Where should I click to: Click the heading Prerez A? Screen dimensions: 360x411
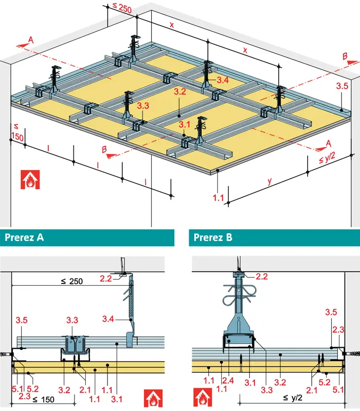24,237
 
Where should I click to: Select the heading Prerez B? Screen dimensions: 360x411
213,237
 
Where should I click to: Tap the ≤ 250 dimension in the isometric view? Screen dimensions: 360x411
122,8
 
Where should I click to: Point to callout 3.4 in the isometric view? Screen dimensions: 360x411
223,80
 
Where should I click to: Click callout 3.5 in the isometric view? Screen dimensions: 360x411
342,86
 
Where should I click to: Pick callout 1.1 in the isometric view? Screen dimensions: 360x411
218,198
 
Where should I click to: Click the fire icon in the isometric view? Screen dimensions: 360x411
30,179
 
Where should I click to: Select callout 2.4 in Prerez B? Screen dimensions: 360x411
228,380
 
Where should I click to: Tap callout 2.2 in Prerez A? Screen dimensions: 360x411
106,278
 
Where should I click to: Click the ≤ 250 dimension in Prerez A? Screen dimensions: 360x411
72,281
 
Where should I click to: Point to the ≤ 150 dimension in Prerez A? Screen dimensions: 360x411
44,400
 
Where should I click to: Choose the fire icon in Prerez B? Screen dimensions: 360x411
202,397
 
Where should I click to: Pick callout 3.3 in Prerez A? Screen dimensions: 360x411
72,320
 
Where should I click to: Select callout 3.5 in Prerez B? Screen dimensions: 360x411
331,312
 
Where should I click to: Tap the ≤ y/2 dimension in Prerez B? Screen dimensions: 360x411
293,398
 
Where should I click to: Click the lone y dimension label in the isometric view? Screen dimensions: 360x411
269,181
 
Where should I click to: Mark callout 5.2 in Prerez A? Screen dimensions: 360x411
33,388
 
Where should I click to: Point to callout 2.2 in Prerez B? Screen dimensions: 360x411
262,276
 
